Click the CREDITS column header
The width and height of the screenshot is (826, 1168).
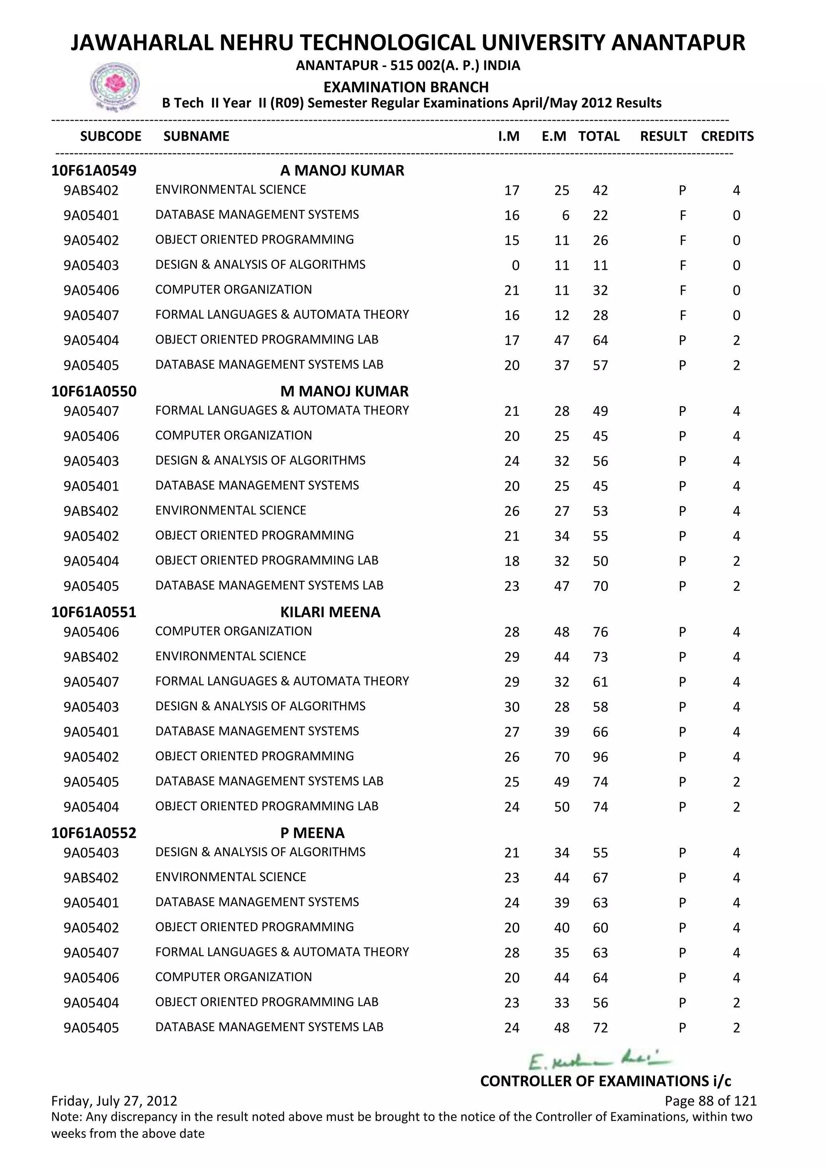727,136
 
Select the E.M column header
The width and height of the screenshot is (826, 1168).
554,136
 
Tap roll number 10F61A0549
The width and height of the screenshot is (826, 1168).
94,171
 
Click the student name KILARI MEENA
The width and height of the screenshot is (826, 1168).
330,612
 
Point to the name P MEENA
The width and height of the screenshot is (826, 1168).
312,833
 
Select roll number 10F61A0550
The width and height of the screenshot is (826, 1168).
94,391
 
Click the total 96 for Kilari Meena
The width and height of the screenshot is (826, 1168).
600,757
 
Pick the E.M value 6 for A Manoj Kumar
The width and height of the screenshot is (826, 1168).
565,216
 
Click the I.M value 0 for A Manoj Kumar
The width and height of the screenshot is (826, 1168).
515,265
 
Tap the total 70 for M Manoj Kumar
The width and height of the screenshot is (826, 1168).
600,586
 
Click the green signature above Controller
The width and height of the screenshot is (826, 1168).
599,1061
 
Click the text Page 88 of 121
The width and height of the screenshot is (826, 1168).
710,1101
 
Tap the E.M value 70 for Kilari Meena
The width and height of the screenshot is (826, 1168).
561,757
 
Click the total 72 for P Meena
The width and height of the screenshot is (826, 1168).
600,1028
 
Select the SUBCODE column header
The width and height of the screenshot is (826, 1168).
111,136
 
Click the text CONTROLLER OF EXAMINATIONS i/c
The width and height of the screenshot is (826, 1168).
605,1081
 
